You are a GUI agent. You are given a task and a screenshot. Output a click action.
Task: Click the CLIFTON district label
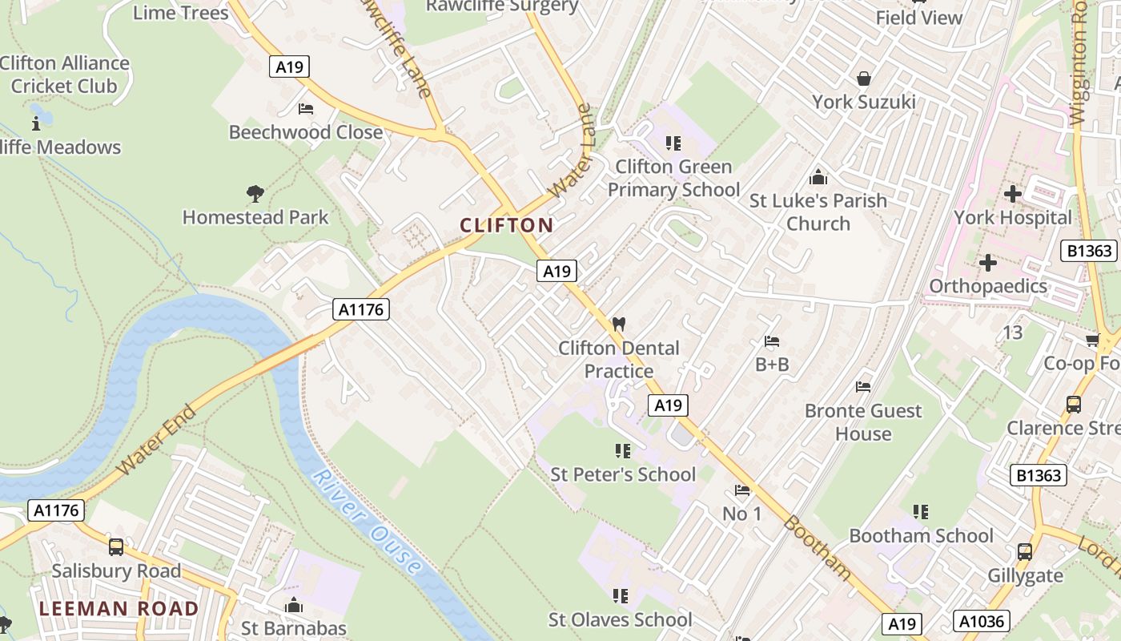506,225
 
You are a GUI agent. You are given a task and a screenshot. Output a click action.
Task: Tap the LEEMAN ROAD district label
119,609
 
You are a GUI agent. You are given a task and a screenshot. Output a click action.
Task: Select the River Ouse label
367,522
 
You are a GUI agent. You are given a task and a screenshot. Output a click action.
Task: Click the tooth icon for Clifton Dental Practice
618,325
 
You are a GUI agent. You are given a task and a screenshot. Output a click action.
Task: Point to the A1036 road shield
982,620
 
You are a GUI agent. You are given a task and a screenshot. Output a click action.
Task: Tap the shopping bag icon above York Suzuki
864,79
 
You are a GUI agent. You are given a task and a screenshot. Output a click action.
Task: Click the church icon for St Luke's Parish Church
818,177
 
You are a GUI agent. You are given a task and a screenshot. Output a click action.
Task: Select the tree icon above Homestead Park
255,193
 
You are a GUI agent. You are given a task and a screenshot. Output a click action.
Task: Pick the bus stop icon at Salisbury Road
116,547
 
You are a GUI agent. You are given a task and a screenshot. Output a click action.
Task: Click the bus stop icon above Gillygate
1025,551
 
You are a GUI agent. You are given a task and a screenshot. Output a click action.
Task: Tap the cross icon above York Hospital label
1013,194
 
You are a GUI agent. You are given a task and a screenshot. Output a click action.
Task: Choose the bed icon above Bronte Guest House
863,387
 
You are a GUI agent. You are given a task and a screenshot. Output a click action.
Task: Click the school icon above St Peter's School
622,451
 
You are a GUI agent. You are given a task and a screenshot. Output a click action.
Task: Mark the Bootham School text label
921,535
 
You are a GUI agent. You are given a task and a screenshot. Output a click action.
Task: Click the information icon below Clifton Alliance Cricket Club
35,123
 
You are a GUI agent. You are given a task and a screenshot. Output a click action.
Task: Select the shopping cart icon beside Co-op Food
1092,341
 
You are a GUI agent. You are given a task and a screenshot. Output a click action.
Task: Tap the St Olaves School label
620,619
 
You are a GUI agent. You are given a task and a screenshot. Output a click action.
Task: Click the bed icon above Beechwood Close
305,108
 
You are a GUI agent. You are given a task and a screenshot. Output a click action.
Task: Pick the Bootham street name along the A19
817,547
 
